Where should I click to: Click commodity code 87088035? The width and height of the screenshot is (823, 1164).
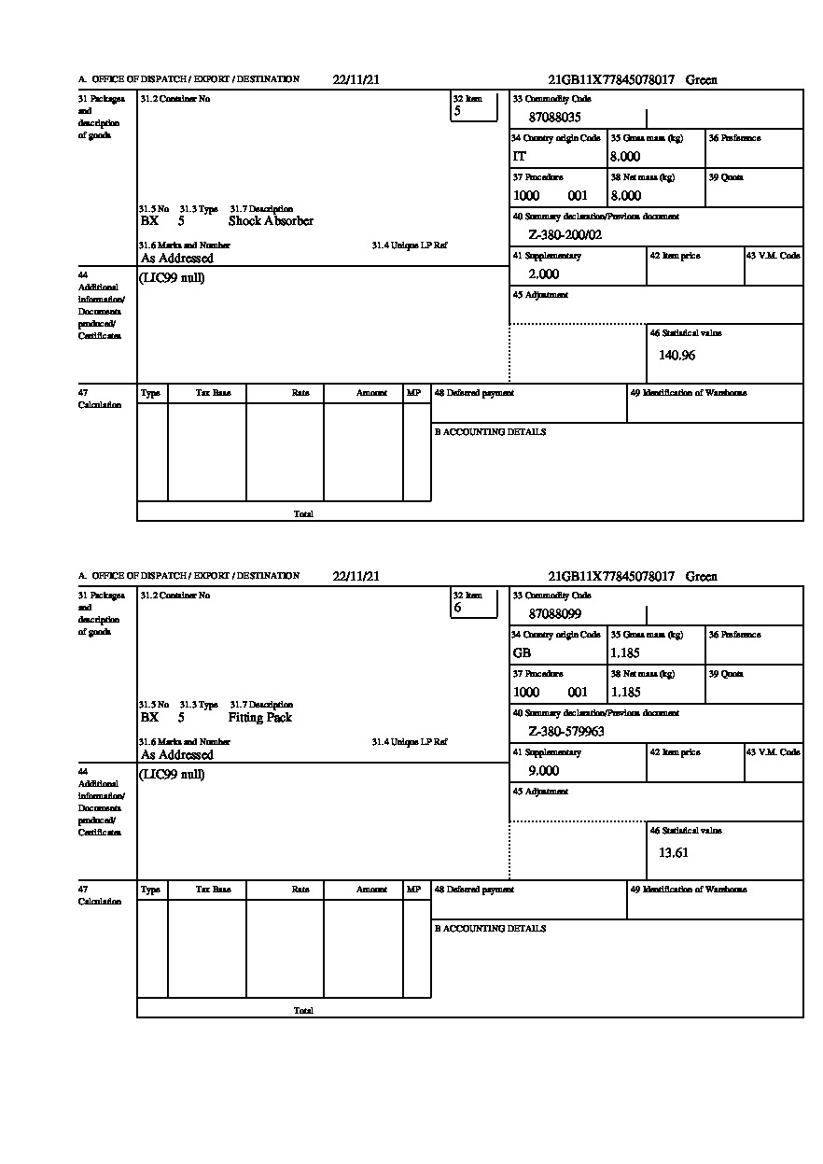click(554, 118)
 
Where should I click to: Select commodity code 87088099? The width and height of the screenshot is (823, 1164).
click(554, 614)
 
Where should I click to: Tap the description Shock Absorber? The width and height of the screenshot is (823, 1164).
click(271, 221)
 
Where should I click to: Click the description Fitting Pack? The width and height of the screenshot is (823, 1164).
click(259, 718)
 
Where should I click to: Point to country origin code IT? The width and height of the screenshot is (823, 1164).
click(520, 157)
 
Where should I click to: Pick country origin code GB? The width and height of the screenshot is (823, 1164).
click(522, 653)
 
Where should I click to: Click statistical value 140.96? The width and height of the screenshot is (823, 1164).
click(677, 355)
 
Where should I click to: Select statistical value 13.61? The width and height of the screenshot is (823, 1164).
click(673, 852)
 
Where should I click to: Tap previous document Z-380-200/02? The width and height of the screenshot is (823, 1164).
click(565, 234)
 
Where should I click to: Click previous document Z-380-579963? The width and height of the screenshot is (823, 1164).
click(566, 732)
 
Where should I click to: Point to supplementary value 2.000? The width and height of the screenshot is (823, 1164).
click(543, 274)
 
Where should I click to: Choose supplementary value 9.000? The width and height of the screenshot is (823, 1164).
click(543, 771)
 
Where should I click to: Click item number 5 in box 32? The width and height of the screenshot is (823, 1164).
click(457, 111)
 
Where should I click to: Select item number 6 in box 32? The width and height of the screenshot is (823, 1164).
click(457, 608)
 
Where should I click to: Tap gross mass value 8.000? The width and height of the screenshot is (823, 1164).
click(625, 157)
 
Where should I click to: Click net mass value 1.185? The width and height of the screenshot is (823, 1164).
click(625, 693)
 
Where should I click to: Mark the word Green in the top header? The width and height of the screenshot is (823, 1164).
click(701, 80)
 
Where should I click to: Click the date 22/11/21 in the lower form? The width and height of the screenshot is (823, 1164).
click(356, 577)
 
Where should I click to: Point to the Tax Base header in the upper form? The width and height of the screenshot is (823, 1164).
click(213, 393)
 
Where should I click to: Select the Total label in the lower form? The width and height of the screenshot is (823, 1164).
click(303, 1011)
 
